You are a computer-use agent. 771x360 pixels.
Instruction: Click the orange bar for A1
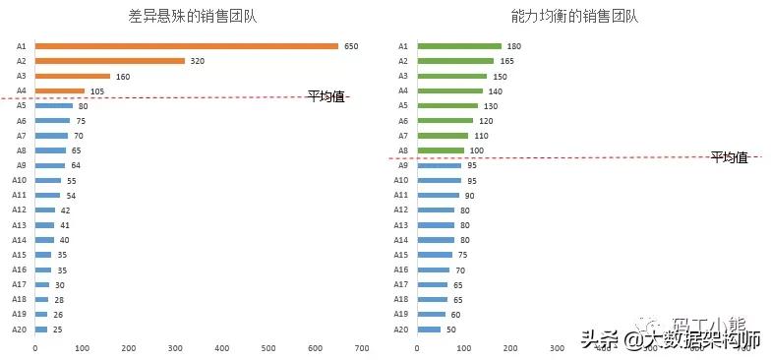tap(187, 46)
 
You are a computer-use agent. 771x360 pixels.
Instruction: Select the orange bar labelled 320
tap(110, 61)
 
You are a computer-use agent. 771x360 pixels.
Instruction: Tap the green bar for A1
tap(459, 46)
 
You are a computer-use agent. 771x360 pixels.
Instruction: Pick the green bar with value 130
tap(447, 105)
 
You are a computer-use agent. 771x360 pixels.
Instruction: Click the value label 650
tap(351, 46)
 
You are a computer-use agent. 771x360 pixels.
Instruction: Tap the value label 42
tap(65, 210)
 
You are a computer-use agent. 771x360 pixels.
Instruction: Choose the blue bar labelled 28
tap(41, 299)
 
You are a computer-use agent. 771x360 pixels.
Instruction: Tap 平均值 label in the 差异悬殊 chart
tap(326, 96)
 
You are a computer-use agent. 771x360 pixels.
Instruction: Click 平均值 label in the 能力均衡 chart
tap(729, 157)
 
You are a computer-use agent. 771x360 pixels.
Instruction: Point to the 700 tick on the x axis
tap(362, 348)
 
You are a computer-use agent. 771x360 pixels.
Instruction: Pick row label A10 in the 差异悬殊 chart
tap(19, 180)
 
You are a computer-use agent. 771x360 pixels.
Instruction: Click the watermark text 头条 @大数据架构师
tap(670, 340)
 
